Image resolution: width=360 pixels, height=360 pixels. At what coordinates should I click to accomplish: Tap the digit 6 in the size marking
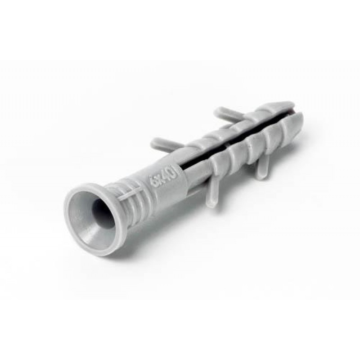coord(151,183)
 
